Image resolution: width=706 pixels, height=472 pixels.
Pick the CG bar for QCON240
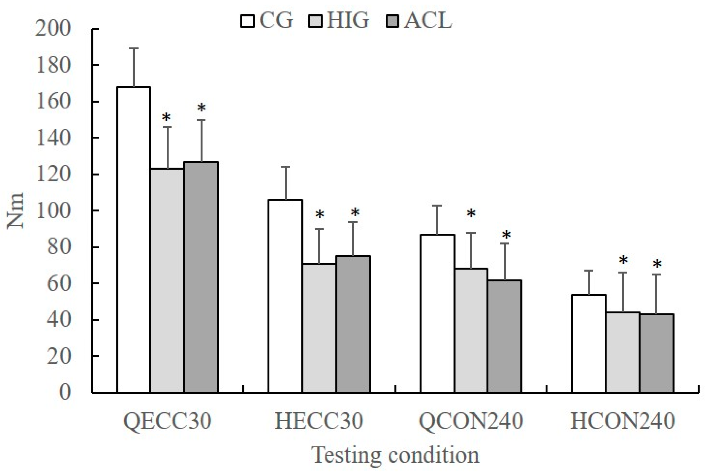pos(437,313)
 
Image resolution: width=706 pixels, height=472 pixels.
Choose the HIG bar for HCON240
pos(623,352)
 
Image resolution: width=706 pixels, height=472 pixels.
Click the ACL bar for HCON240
pos(657,354)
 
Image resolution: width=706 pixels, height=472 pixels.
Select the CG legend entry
pos(267,21)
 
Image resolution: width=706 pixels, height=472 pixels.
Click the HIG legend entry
pos(339,21)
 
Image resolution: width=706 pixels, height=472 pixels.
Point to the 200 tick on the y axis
pos(53,29)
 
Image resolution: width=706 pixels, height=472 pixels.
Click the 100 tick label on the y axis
pos(53,211)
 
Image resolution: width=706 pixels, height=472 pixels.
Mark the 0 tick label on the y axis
pos(65,393)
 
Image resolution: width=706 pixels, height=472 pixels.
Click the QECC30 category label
pos(167,421)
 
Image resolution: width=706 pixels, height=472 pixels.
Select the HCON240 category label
pos(622,421)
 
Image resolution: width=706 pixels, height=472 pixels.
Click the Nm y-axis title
pos(15,211)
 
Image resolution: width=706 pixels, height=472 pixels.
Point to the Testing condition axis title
pos(395,455)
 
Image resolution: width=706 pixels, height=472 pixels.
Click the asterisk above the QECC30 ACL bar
pos(201,108)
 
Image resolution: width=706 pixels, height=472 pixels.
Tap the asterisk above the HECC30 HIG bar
pos(319,215)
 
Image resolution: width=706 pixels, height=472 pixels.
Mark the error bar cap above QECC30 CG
pos(134,48)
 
